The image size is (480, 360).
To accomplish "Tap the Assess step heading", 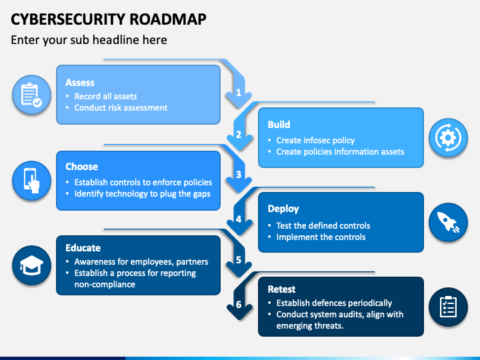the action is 80,83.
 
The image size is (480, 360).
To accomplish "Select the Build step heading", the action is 279,125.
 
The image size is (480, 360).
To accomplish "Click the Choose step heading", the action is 82,167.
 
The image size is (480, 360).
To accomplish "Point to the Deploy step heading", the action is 283,209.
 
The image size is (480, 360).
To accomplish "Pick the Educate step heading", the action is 83,248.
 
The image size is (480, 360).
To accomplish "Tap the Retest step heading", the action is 281,289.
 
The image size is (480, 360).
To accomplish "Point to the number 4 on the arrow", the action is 239,219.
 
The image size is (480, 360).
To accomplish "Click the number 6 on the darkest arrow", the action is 239,304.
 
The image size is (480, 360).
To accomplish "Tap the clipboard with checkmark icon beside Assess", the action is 31,95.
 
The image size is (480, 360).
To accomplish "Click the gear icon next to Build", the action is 448,138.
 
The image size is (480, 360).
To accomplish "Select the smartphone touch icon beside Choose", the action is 31,181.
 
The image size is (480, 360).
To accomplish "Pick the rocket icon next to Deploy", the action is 448,222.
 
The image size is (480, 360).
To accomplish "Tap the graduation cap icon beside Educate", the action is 31,265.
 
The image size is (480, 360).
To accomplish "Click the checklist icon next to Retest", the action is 448,307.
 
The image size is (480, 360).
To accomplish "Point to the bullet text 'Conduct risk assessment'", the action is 121,108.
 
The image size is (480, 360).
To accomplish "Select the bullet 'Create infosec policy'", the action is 315,141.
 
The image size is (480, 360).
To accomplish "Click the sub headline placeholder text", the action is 89,40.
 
